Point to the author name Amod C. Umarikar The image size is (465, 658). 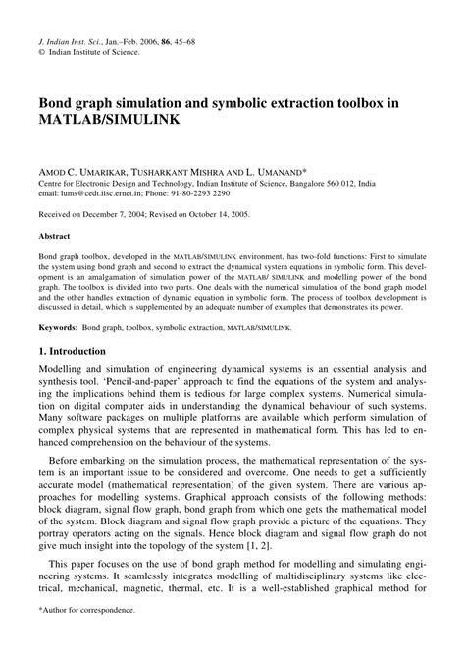[82, 167]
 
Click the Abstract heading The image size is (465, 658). [54, 237]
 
